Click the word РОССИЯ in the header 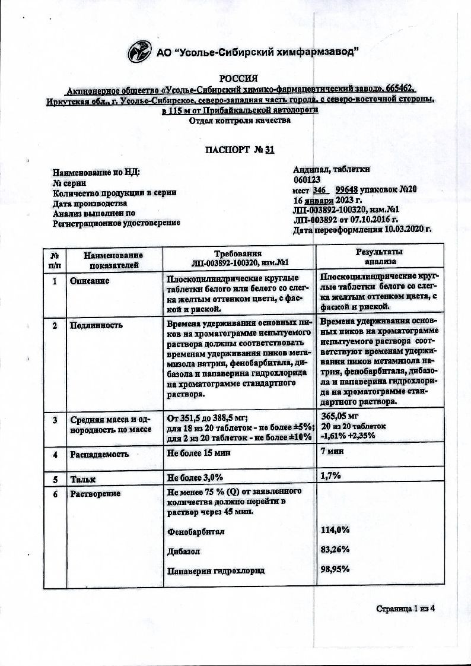tap(239, 78)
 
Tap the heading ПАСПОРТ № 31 tap(239, 150)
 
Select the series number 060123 tap(307, 179)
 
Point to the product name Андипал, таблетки tap(332, 169)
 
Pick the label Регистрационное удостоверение tap(116, 223)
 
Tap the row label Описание tap(90, 280)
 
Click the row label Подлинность tap(96, 325)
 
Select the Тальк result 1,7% tap(330, 475)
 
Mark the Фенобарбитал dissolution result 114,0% tap(335, 529)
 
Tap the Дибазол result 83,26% tap(335, 550)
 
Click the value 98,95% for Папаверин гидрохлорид tap(335, 569)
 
